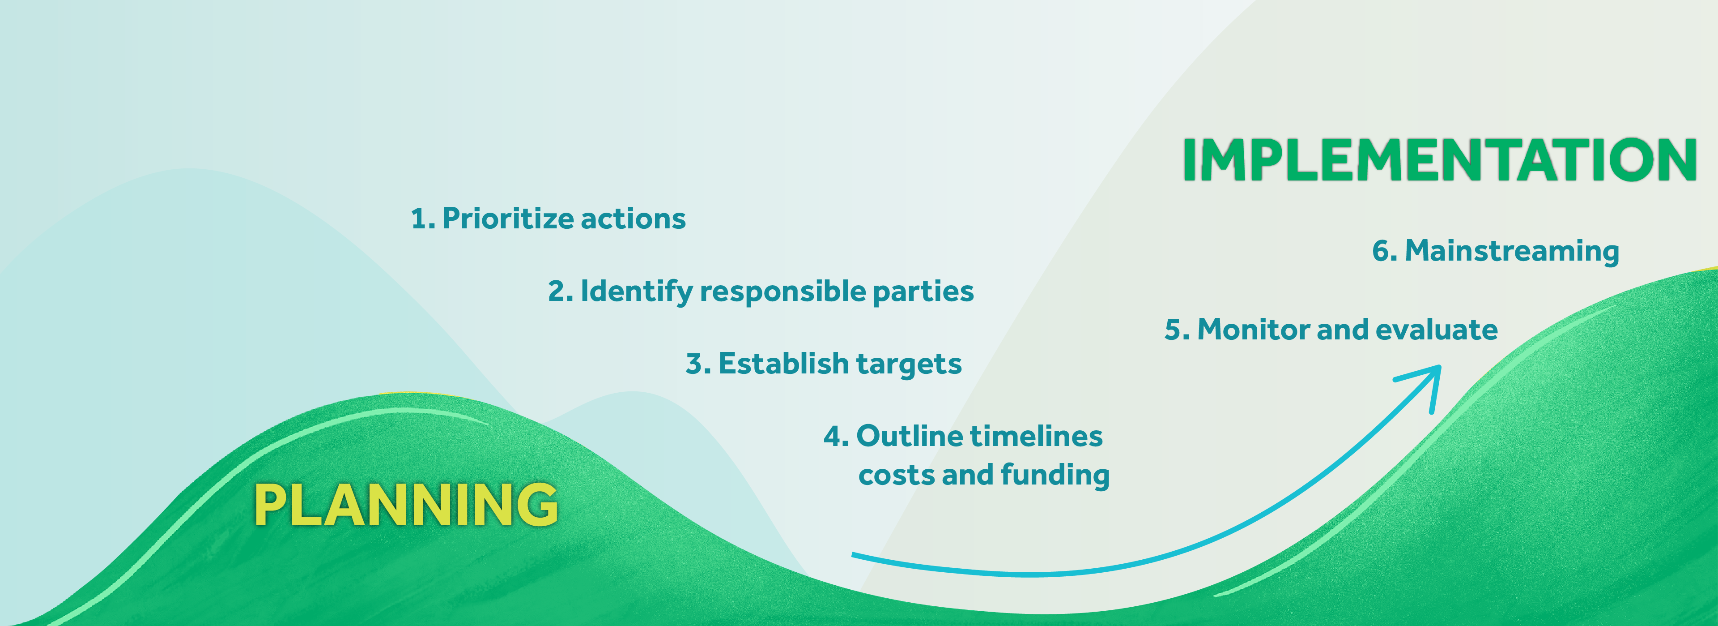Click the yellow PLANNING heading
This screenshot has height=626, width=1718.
pyautogui.click(x=406, y=505)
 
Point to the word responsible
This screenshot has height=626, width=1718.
pyautogui.click(x=783, y=292)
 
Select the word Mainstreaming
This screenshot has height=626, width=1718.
pyautogui.click(x=1512, y=252)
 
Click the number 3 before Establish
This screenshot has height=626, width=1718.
pyautogui.click(x=695, y=364)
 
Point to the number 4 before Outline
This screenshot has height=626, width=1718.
pyautogui.click(x=833, y=437)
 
